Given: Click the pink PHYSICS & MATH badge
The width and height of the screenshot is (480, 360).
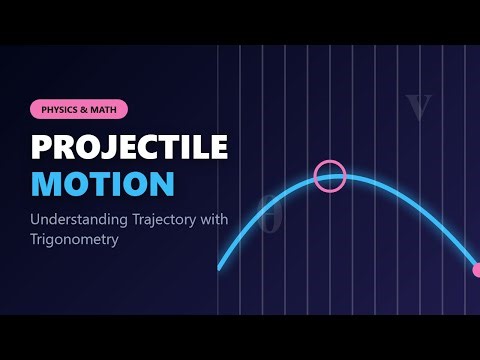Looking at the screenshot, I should point(79,110).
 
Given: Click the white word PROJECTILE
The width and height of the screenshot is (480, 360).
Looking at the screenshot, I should point(129,148).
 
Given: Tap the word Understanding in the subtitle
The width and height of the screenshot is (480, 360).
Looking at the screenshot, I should point(76,221).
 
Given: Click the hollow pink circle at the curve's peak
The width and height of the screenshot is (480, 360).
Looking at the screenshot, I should point(330,176).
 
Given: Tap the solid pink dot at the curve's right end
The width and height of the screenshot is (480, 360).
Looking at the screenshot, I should point(477,270).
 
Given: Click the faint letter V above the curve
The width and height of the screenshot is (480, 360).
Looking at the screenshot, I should point(418,108).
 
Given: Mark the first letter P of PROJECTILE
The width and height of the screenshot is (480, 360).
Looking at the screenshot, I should point(42,148).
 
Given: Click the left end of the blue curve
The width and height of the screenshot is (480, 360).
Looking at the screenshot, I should point(220,267).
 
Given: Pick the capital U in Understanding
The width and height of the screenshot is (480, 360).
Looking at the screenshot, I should point(36,221).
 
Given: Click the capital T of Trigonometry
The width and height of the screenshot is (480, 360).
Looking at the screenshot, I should point(35,241).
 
